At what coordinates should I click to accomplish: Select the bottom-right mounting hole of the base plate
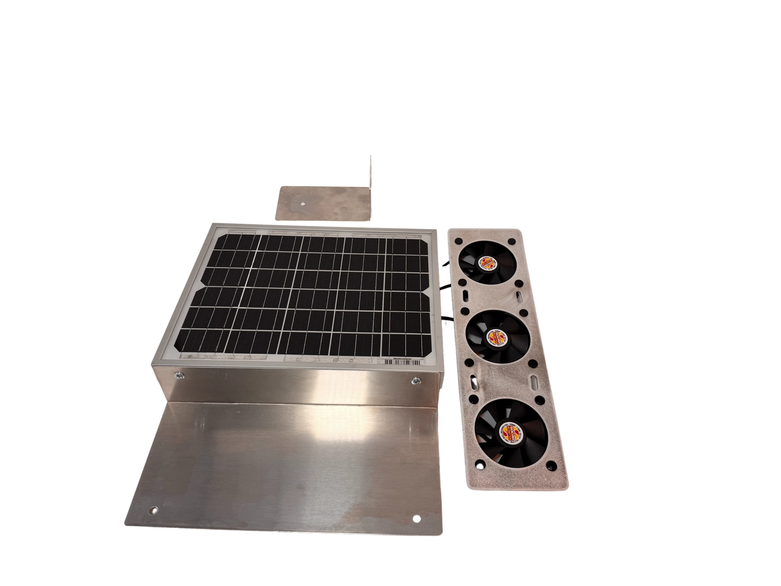coord(415,516)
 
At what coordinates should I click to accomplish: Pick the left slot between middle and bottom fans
coord(475,382)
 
